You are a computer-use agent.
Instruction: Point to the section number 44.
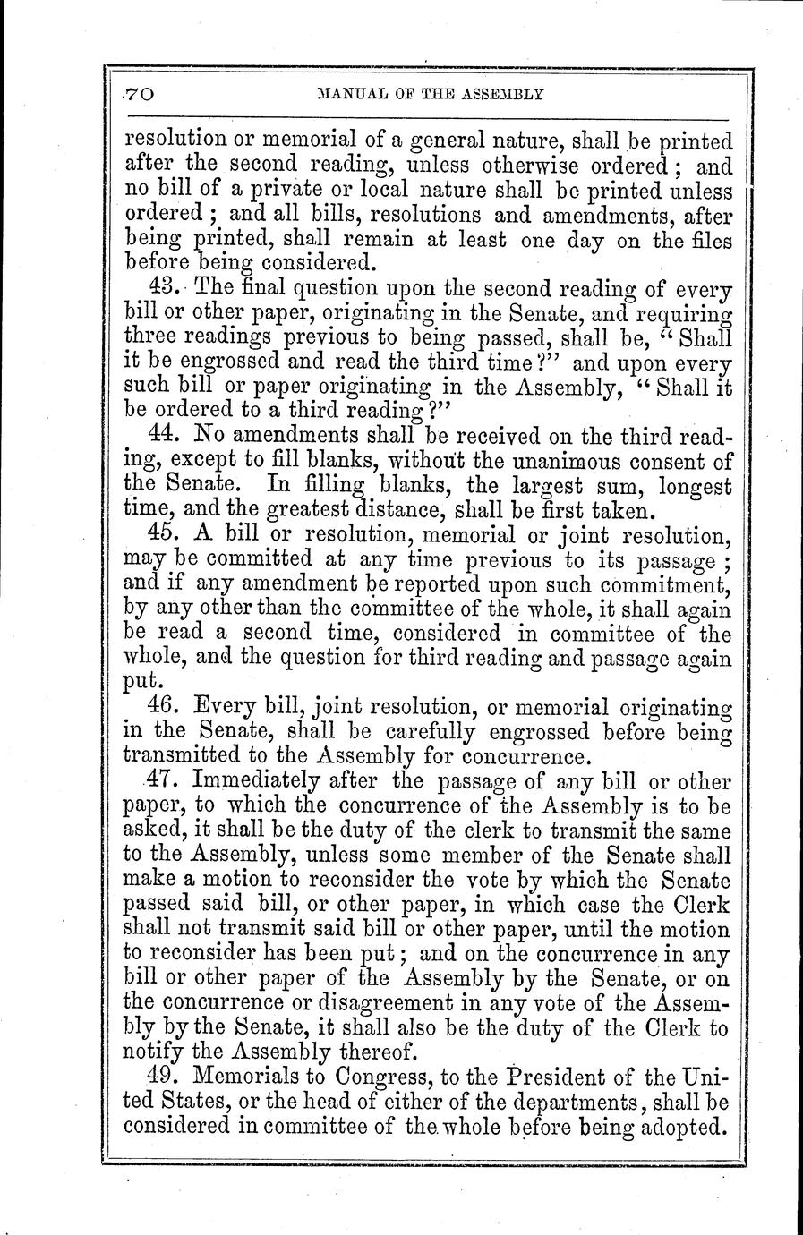[166, 437]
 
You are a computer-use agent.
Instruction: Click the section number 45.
[166, 535]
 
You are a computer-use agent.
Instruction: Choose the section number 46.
[166, 707]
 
